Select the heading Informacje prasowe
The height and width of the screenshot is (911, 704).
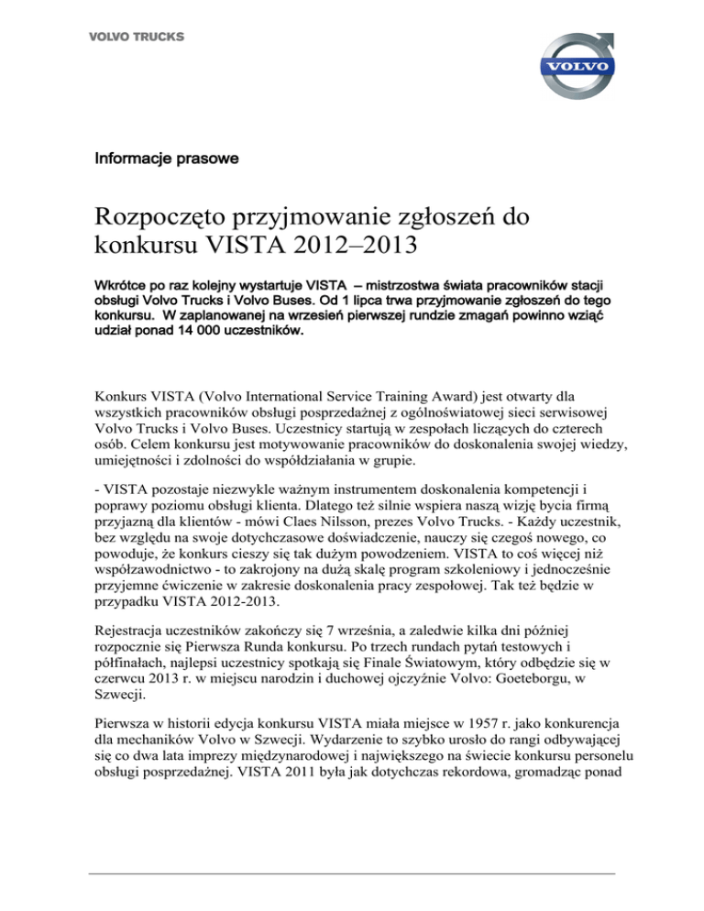click(x=167, y=159)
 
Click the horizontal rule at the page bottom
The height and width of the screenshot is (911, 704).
click(x=352, y=874)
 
